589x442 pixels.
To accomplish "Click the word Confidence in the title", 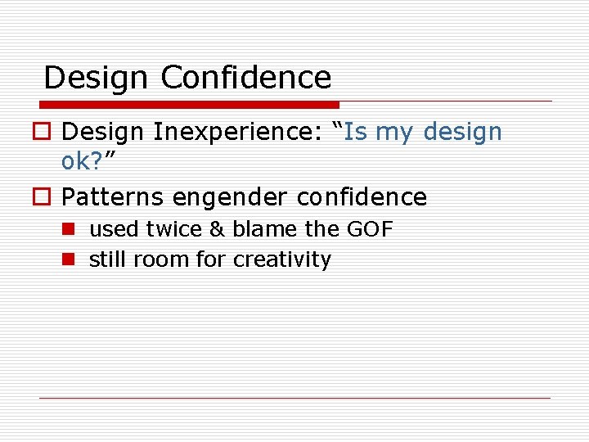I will tap(246, 78).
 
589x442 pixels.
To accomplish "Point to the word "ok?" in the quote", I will tap(86, 161).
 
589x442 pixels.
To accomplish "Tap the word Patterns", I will tap(114, 197).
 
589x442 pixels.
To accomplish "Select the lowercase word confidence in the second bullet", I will tap(362, 197).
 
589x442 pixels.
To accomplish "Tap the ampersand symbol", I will tap(216, 230).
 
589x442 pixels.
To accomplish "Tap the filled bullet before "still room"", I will tap(69, 260).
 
